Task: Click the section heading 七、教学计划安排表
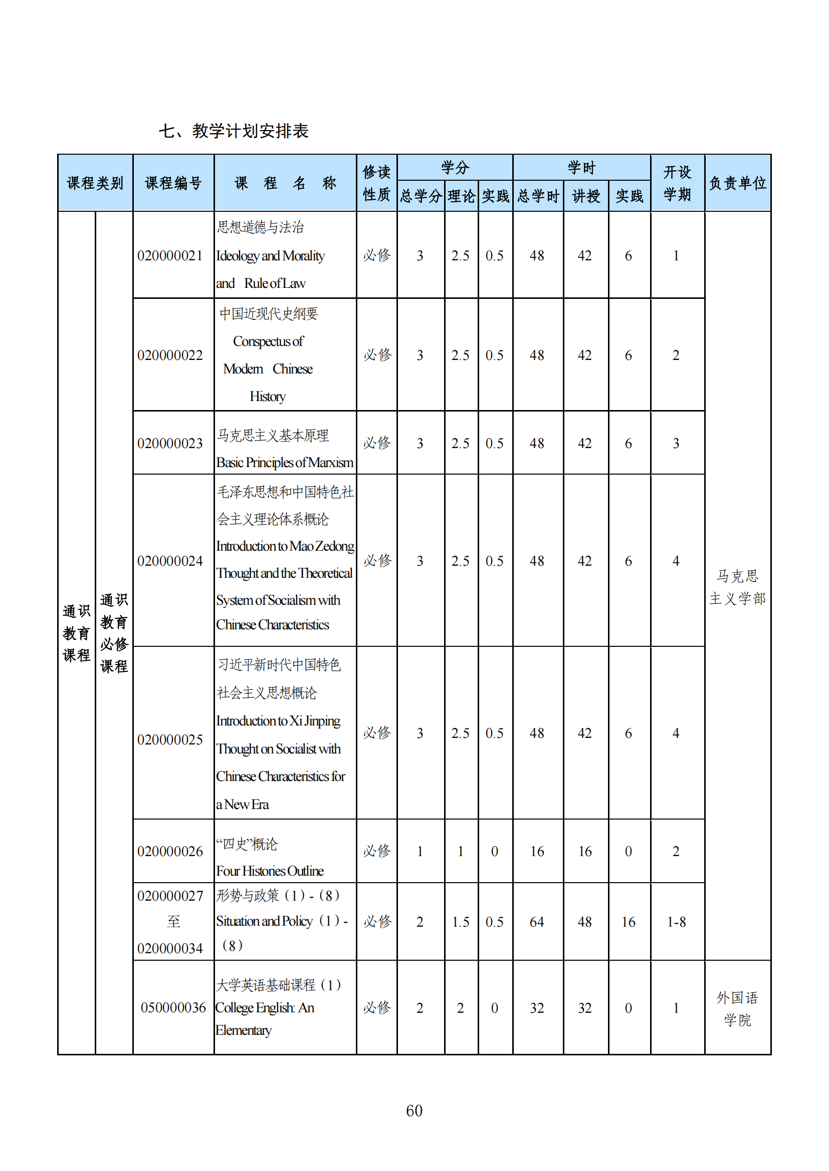(x=233, y=131)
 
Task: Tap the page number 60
(x=414, y=1110)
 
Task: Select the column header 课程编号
(x=173, y=183)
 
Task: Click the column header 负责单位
(x=737, y=183)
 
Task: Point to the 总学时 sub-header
(x=537, y=196)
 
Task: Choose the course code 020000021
(x=170, y=255)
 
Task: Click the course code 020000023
(x=170, y=443)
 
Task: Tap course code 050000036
(x=173, y=1007)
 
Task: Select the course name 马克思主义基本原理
(x=273, y=435)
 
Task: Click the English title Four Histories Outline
(x=270, y=871)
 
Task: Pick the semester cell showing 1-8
(x=676, y=922)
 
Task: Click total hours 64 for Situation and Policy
(x=536, y=922)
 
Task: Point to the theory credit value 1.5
(x=461, y=922)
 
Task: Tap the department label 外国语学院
(x=737, y=1008)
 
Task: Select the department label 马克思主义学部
(x=737, y=587)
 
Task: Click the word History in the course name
(x=268, y=397)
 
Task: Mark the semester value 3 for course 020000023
(x=676, y=443)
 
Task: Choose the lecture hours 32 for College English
(x=584, y=1008)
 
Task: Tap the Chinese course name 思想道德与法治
(x=260, y=227)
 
